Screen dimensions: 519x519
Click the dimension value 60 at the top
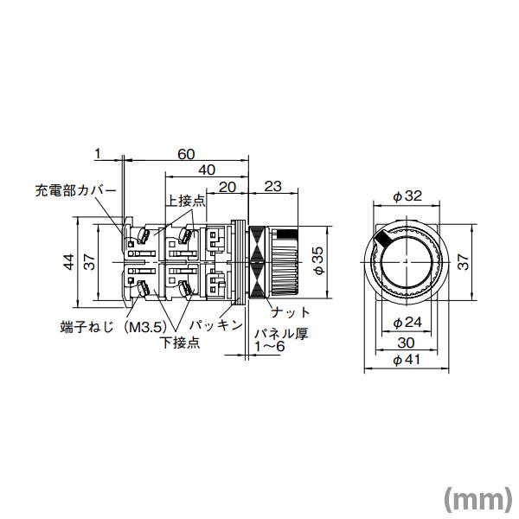click(x=185, y=154)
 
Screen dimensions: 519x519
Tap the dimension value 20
click(x=228, y=186)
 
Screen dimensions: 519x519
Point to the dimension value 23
click(x=272, y=186)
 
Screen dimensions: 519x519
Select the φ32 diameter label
click(x=407, y=196)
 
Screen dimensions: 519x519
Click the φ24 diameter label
click(x=407, y=323)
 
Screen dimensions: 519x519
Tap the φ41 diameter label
click(x=407, y=361)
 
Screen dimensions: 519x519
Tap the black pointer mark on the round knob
click(x=381, y=238)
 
